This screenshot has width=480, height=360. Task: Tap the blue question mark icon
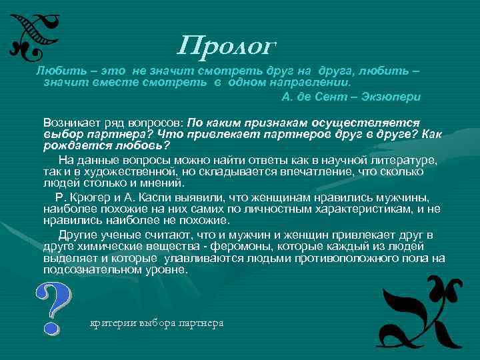pos(51,307)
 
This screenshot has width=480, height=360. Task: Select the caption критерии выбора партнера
pos(157,323)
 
